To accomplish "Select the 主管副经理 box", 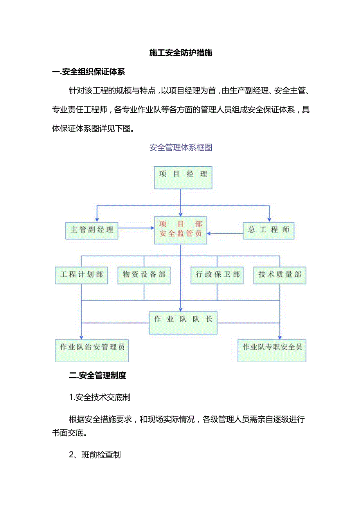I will (92, 230).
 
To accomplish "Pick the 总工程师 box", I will (268, 230).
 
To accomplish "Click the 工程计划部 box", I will (81, 275).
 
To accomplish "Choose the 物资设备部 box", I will (144, 275).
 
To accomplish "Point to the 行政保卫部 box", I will (217, 275).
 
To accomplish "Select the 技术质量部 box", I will (280, 275).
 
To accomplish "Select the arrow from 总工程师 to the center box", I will (225, 234).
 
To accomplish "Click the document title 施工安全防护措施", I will (180, 53).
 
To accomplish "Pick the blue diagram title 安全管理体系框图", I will (180, 147).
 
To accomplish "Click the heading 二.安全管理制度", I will (97, 376).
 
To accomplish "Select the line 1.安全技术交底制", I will (99, 397).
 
